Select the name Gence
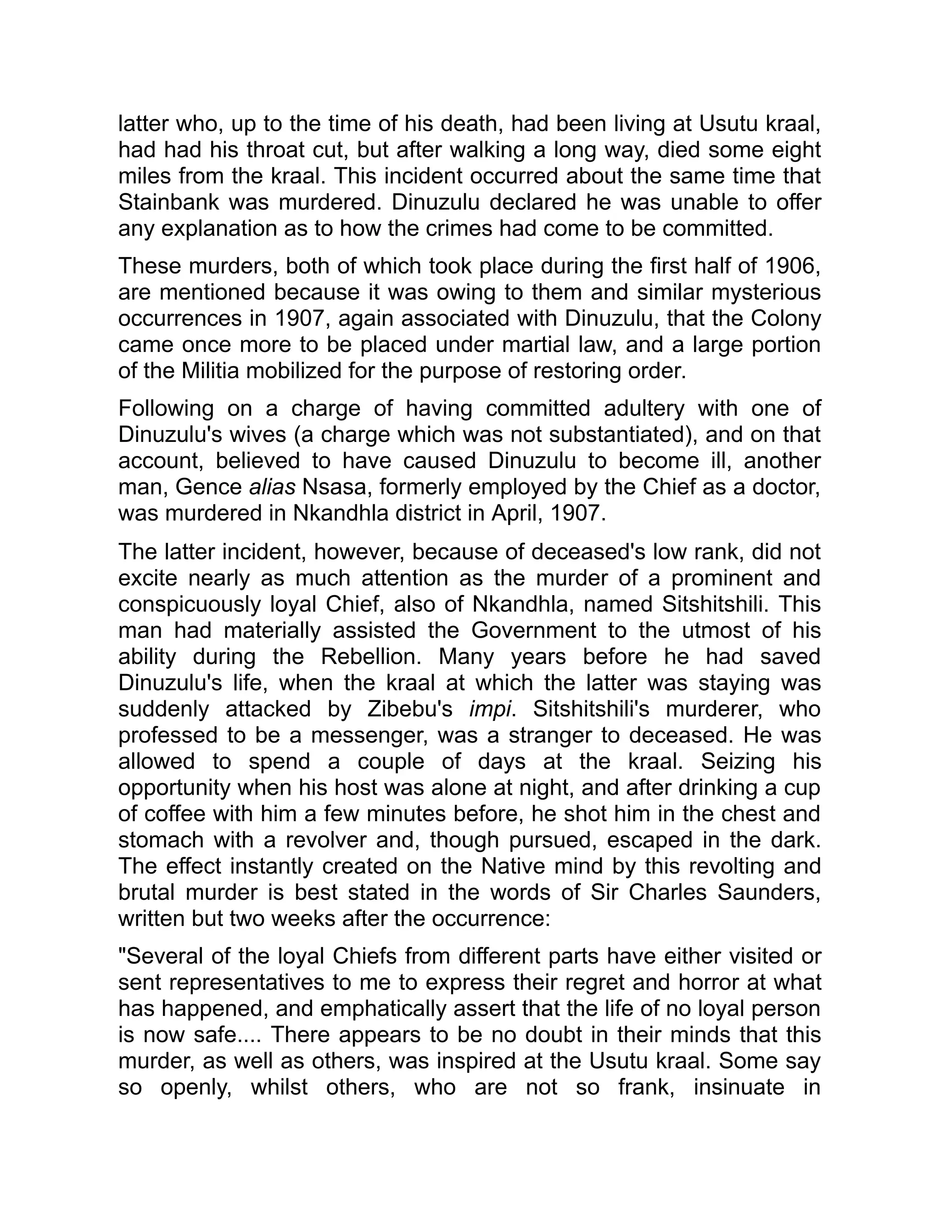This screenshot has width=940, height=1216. [x=208, y=487]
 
